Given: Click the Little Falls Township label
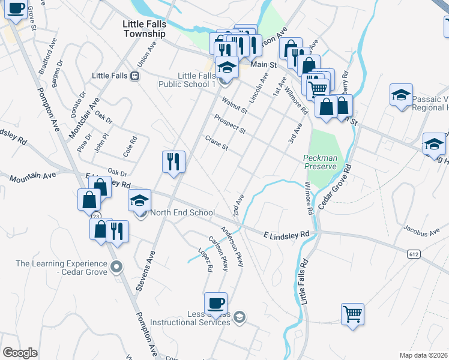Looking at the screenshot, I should click(x=144, y=28).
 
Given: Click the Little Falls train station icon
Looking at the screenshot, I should click(x=135, y=76).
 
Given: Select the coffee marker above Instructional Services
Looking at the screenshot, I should click(x=215, y=304).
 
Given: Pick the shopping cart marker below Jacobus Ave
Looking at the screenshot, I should click(x=352, y=313).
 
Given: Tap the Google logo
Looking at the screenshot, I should click(x=20, y=352).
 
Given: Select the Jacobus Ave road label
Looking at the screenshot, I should click(x=420, y=228).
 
